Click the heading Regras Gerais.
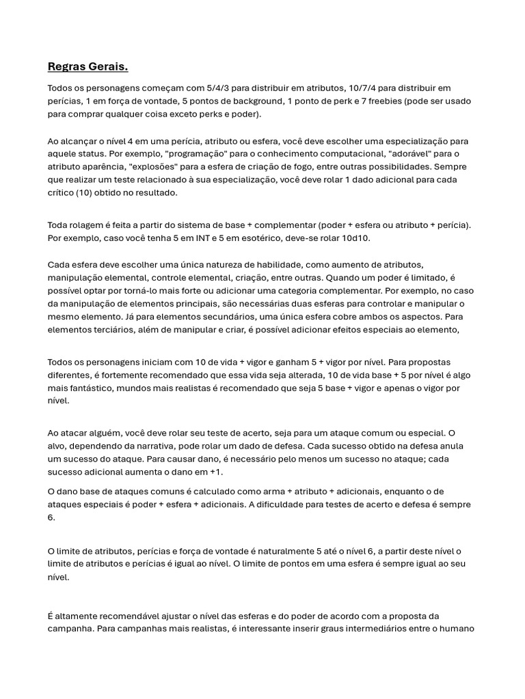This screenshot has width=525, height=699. click(x=87, y=66)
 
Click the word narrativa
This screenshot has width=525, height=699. click(x=176, y=446)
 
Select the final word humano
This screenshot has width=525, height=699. click(x=457, y=628)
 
